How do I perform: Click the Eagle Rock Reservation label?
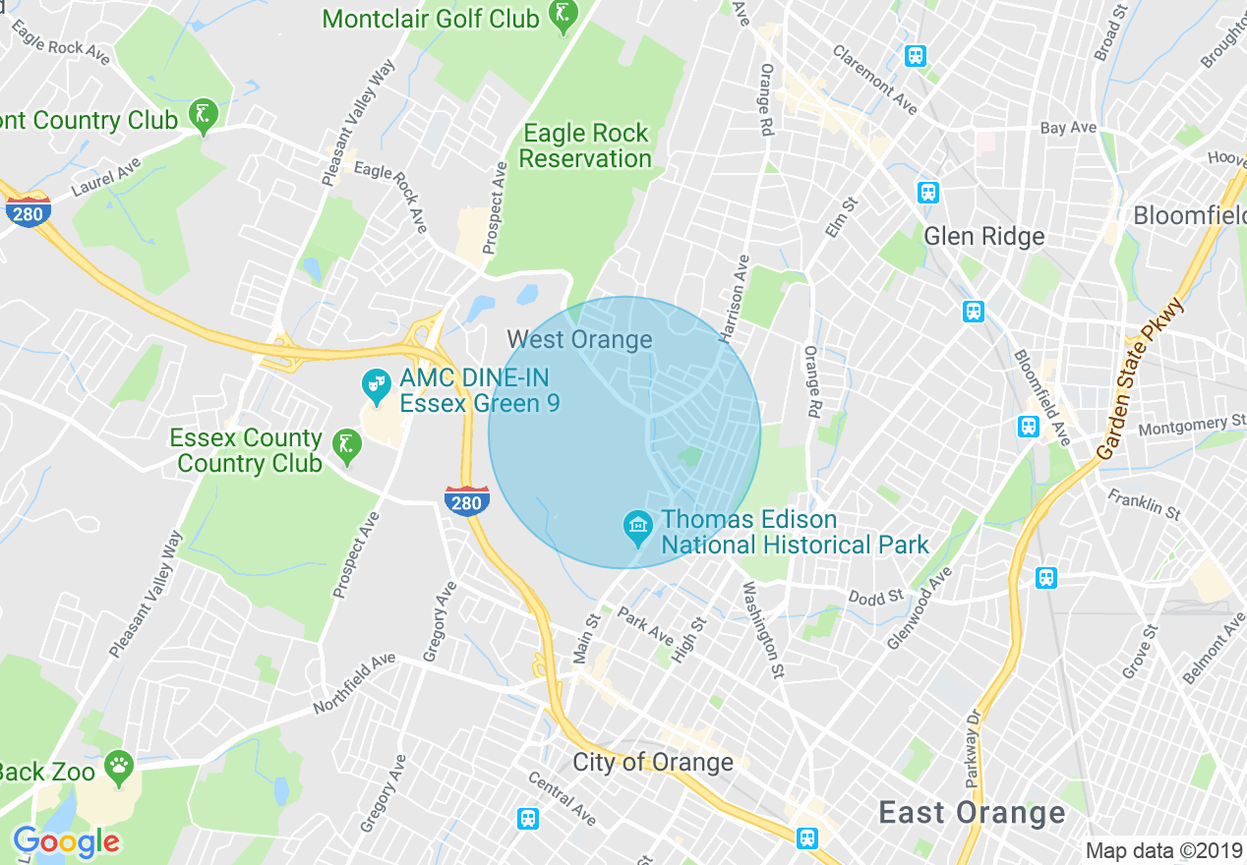[585, 145]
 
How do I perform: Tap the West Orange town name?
[579, 340]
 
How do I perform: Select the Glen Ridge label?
[984, 236]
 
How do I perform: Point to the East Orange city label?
[972, 813]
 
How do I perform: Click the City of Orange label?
[653, 762]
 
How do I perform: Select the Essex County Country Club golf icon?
[346, 446]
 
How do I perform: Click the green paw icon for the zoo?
[120, 768]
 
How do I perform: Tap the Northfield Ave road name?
[354, 683]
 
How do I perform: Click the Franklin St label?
[1145, 504]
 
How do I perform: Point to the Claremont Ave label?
[875, 80]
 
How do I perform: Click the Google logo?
[66, 841]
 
